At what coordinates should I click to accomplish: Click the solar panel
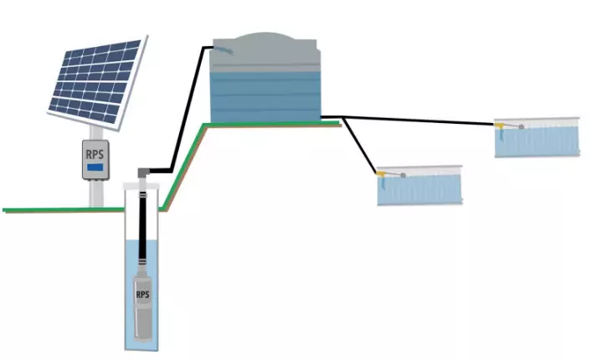(97, 82)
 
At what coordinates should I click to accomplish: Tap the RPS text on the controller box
(95, 154)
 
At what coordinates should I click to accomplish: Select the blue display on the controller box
(95, 167)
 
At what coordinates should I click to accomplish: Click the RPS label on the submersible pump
(142, 295)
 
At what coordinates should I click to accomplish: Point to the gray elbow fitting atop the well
(143, 172)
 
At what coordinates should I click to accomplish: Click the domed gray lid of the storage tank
(265, 49)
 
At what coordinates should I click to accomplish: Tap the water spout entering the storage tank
(224, 49)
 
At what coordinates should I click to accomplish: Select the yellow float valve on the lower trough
(382, 174)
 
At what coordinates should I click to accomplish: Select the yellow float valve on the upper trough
(500, 125)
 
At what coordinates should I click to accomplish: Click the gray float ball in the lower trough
(403, 175)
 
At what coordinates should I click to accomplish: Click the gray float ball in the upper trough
(522, 127)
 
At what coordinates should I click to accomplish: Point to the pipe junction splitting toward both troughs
(342, 117)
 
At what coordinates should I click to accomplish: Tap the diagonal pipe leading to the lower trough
(360, 146)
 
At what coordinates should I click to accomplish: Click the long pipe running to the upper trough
(419, 121)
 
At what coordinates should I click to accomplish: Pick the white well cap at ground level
(141, 186)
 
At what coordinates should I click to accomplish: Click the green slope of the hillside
(183, 167)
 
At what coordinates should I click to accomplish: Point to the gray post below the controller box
(95, 193)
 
